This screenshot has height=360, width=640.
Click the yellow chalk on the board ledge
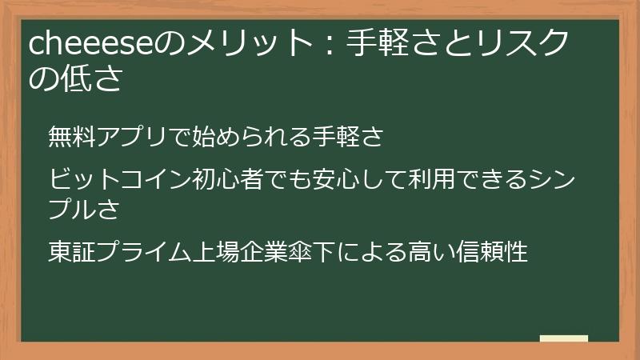coord(563,338)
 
